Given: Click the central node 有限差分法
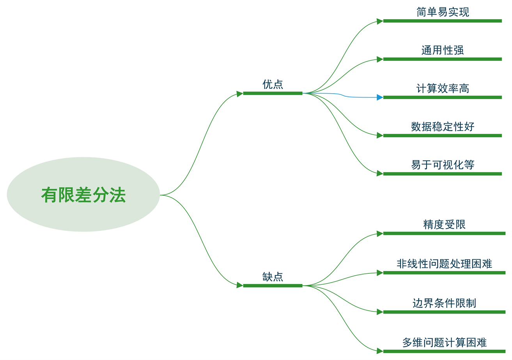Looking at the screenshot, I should (83, 195).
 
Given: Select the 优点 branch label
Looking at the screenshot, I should (273, 84).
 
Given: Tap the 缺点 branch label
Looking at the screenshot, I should (273, 277).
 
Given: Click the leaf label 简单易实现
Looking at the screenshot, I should (443, 12).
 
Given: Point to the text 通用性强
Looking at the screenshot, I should (443, 50).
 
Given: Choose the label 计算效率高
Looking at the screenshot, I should (443, 89).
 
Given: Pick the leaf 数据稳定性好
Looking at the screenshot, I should (443, 127).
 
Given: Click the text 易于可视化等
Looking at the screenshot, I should (443, 165).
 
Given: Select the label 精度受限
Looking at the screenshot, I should (444, 225).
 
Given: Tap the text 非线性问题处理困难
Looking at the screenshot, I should (444, 264).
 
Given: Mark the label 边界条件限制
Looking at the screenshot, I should (444, 303).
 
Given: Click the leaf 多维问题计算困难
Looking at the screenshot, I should (444, 343).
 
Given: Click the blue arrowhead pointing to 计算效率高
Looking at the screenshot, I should (380, 98).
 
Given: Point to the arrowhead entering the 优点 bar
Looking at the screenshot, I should (240, 94).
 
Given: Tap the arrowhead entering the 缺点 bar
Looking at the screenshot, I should (240, 285).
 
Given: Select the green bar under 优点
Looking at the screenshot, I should (273, 93).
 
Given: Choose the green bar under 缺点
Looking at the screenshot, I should (273, 286).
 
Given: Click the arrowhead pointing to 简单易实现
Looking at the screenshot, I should (380, 21).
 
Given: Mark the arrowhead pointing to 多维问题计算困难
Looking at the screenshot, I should (380, 351).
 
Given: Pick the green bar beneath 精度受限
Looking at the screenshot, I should (444, 233).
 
